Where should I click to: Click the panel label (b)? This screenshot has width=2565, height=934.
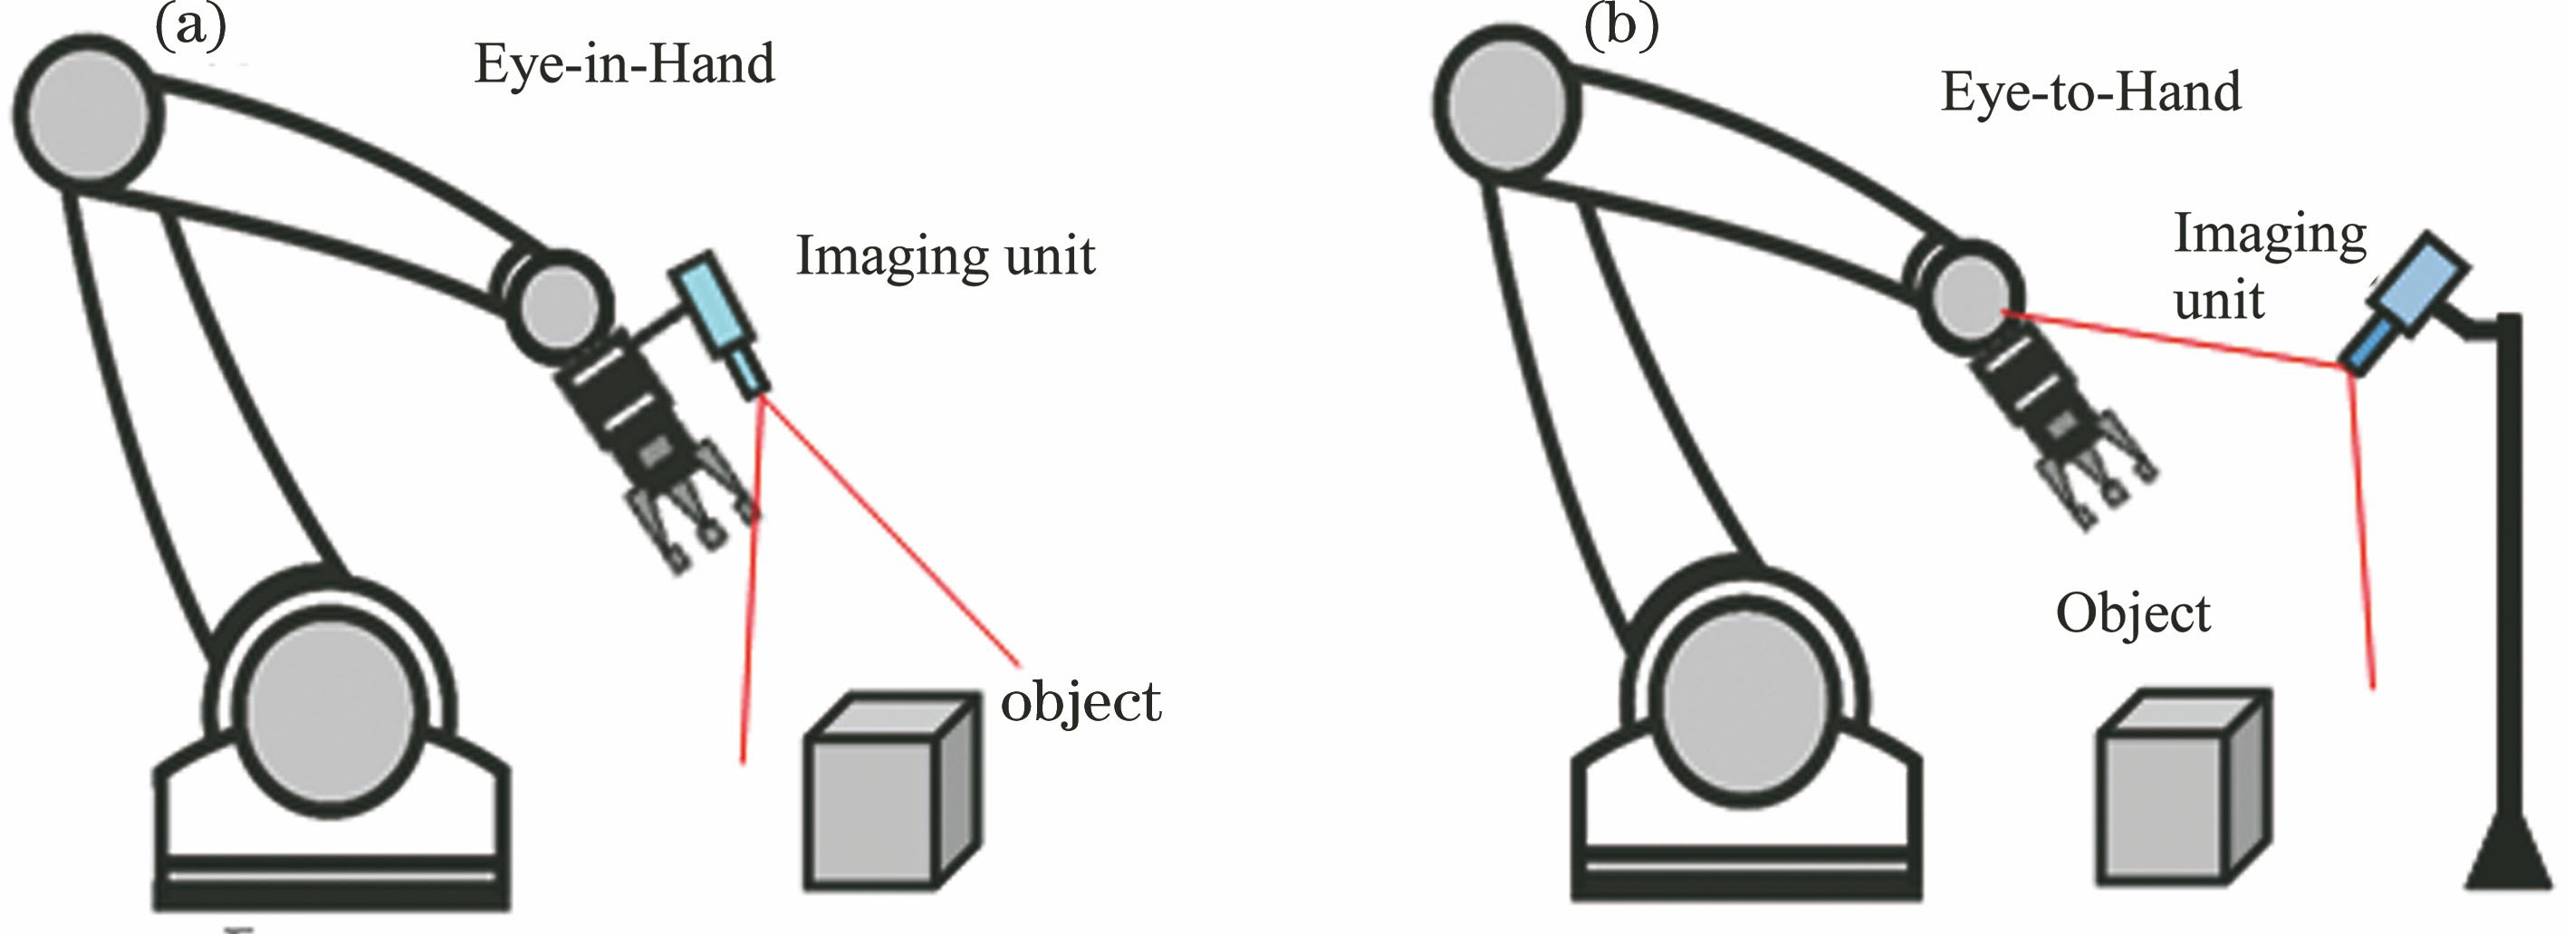click(1621, 24)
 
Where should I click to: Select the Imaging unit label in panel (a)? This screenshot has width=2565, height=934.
click(945, 255)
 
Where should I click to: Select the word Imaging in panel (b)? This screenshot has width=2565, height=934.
click(2269, 236)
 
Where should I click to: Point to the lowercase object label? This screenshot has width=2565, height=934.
click(1081, 703)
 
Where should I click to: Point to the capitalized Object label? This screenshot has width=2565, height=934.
click(2133, 614)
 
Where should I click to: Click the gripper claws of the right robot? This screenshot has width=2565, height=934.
click(2093, 483)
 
